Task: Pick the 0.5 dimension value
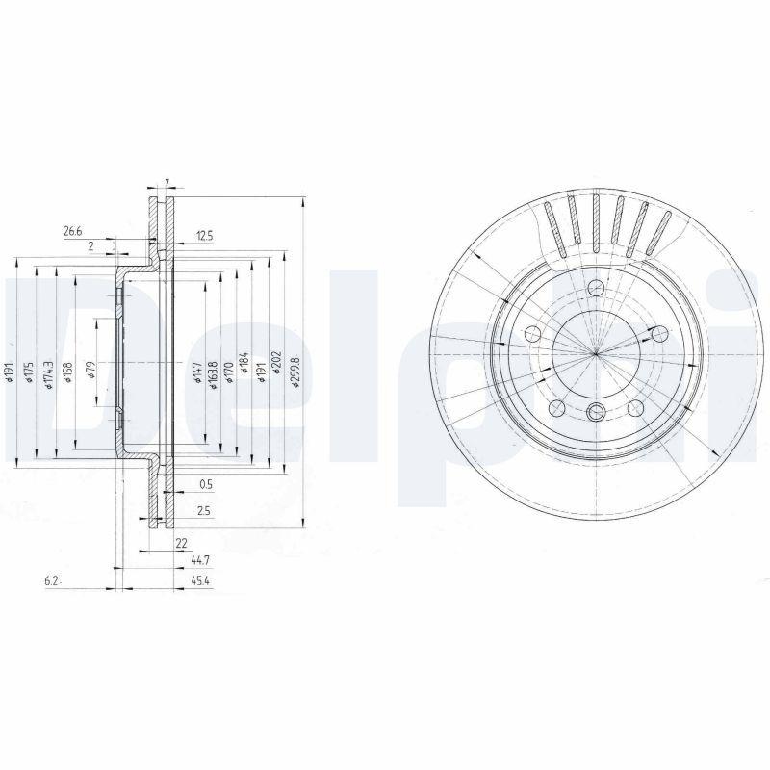click(204, 484)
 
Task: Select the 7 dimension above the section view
click(167, 183)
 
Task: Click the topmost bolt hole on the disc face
click(597, 286)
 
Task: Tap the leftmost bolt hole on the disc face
click(530, 334)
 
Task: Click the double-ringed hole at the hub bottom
click(596, 412)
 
